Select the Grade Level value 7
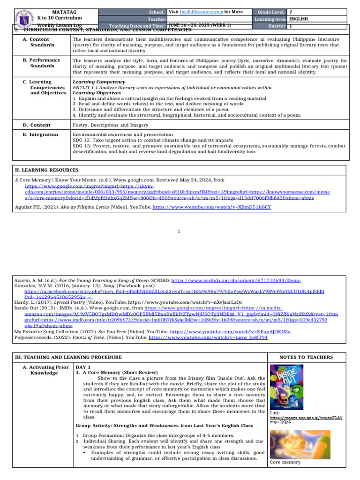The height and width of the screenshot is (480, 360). click(291, 11)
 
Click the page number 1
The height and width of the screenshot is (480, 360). click(180, 231)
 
